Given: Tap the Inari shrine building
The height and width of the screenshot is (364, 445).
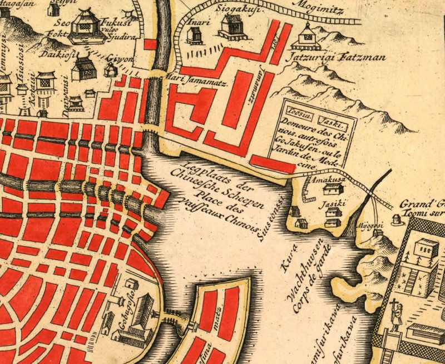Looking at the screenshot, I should (194, 36).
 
